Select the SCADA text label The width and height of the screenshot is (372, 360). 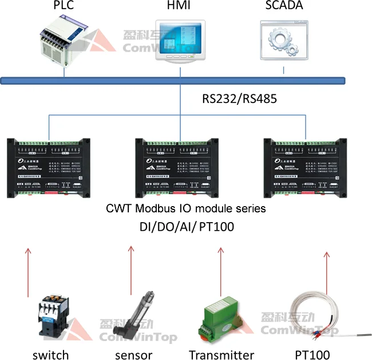[284, 6]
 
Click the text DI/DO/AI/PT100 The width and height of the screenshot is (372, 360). [186, 226]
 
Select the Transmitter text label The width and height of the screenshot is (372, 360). [221, 354]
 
